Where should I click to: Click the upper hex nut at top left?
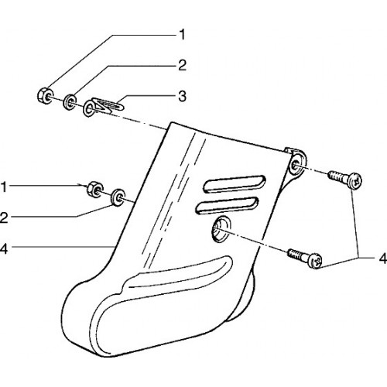[46, 96]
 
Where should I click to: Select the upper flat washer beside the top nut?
[70, 102]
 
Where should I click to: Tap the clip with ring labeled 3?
[103, 107]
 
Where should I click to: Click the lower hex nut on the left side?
[95, 189]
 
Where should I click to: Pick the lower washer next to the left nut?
[118, 197]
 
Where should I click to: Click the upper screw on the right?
[345, 180]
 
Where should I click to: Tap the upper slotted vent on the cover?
[235, 183]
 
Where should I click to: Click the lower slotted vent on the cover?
[228, 206]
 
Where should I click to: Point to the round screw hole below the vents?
[221, 230]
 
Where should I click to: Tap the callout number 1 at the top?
[182, 35]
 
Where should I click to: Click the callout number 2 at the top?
[182, 65]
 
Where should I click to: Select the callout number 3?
[182, 96]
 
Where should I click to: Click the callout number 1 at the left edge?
[4, 187]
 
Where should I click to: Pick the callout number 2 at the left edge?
[4, 217]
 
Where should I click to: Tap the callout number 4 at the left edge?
[4, 248]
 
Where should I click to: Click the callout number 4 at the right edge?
[383, 259]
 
